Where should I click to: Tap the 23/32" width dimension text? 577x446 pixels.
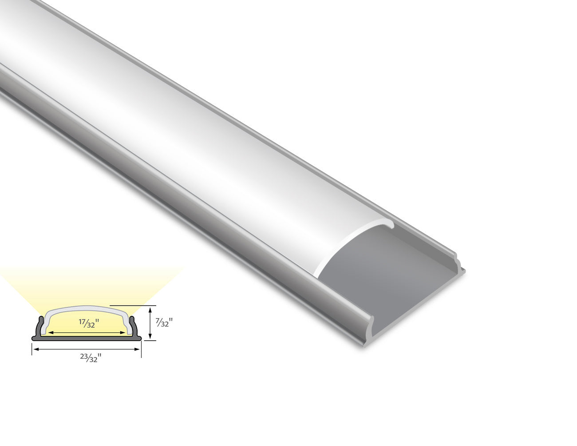tap(91, 358)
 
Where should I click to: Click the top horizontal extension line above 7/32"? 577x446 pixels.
tap(129, 305)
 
